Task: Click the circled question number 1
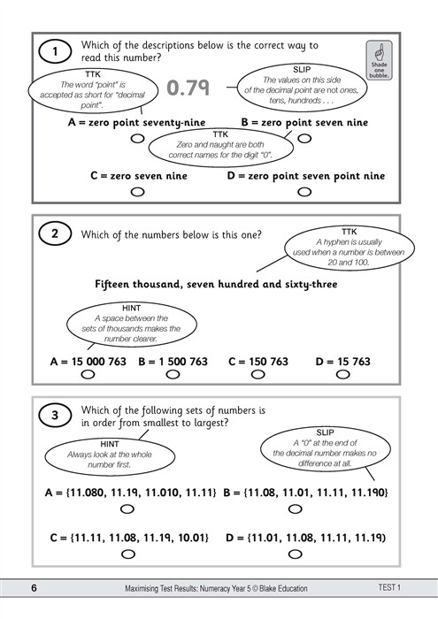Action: (x=55, y=52)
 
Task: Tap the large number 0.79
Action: (x=187, y=87)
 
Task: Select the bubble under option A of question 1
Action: (x=136, y=138)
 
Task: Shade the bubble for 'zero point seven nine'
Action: (x=304, y=138)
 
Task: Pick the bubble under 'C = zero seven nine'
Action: (x=136, y=191)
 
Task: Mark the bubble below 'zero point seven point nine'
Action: (x=304, y=191)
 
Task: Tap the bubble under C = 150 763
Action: (x=257, y=375)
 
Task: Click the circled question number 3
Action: (x=55, y=416)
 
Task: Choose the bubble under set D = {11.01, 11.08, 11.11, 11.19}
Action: (x=304, y=554)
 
